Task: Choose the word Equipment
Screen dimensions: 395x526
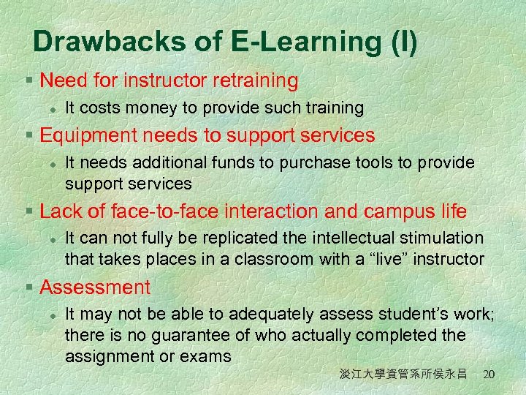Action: coord(86,136)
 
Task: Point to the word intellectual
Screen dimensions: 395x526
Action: coord(348,239)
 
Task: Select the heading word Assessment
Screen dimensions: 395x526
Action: coord(95,288)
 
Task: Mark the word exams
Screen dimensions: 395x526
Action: coord(207,356)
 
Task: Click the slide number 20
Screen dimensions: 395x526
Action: coord(489,375)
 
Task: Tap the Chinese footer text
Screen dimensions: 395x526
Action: coord(403,375)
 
